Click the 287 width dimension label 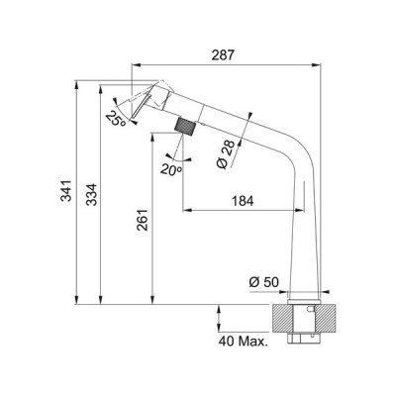tap(223, 54)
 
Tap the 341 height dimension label tap(66, 191)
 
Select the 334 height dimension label tap(92, 195)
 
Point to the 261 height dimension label tap(143, 220)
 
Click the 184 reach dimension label tap(243, 201)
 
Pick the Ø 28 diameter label tap(227, 154)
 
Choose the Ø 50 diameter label tap(264, 282)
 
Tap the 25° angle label tap(116, 119)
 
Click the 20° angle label tap(171, 169)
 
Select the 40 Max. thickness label tap(243, 342)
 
